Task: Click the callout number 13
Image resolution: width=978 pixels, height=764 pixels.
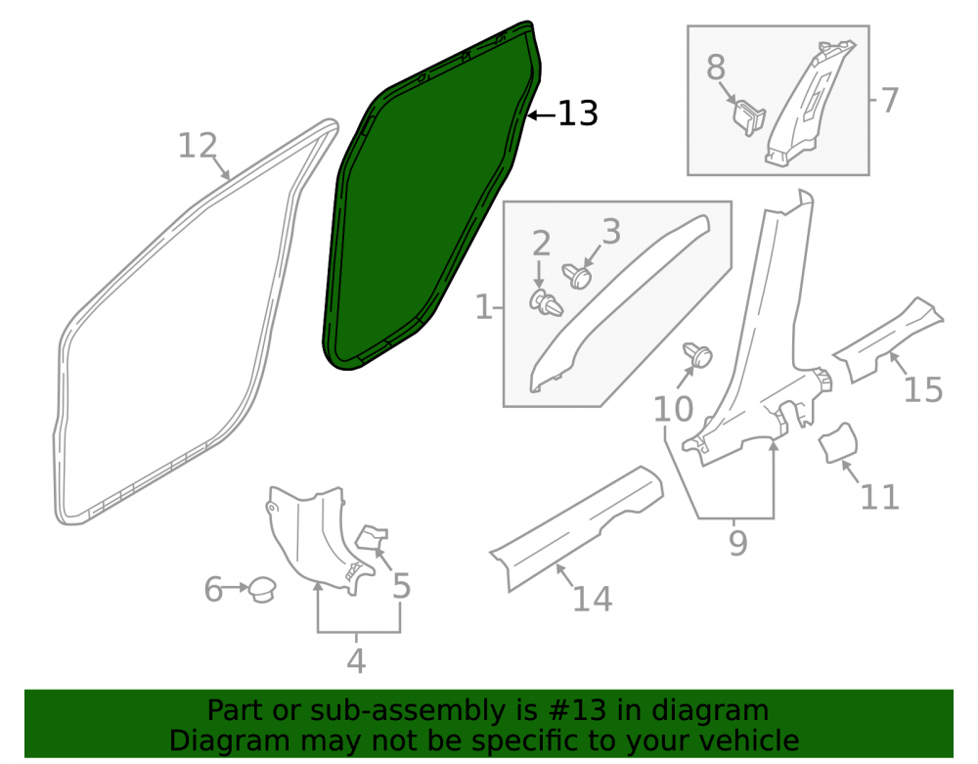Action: (578, 113)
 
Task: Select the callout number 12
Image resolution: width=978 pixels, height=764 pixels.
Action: (198, 146)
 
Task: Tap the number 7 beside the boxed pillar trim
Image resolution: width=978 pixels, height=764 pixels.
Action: (890, 100)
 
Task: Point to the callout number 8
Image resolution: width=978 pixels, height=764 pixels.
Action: (716, 67)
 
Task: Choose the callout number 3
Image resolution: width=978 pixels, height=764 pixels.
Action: (611, 232)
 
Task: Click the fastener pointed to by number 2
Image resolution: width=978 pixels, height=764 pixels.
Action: (546, 302)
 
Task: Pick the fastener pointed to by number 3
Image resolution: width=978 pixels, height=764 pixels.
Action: (577, 275)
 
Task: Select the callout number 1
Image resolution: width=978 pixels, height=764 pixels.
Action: (483, 307)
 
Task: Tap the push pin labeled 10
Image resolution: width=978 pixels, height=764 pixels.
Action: (698, 355)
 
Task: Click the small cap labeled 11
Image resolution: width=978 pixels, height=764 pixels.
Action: (838, 443)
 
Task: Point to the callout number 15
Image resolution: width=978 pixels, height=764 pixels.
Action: (923, 390)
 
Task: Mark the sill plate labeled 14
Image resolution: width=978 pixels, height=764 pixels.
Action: (576, 527)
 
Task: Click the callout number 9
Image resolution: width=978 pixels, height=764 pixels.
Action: (737, 543)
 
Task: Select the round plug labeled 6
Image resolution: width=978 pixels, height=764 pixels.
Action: (262, 589)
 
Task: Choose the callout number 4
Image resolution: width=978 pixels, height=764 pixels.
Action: (356, 661)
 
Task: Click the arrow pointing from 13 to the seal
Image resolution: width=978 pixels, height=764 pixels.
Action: (542, 115)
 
